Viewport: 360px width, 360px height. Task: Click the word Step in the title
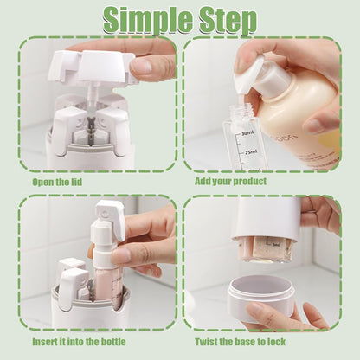click(x=223, y=19)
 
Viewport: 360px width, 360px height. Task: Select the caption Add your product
click(x=230, y=182)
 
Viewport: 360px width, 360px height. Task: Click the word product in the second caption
click(x=248, y=182)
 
